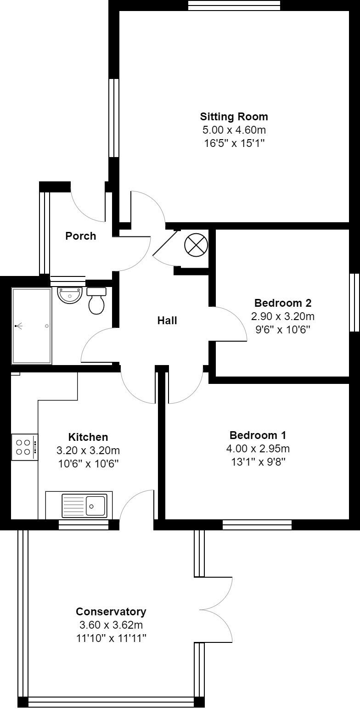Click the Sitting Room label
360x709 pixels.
tap(234, 116)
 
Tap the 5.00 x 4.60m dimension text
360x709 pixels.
tap(234, 130)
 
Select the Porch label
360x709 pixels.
tap(81, 236)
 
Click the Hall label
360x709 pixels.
tap(167, 321)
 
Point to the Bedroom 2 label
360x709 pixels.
tap(283, 303)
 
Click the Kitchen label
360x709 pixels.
tap(88, 437)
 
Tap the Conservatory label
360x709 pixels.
tap(111, 612)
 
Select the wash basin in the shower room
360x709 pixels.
tap(70, 295)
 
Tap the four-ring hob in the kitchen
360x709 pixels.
tap(24, 447)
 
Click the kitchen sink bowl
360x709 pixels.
tap(96, 506)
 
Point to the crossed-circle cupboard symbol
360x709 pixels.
tap(196, 245)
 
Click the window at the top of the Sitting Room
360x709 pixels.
tap(234, 5)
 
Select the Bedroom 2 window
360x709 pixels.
tap(354, 302)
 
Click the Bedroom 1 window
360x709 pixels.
tap(257, 524)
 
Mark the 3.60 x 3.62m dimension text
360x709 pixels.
tap(111, 625)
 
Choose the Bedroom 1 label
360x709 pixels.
tap(260, 435)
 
